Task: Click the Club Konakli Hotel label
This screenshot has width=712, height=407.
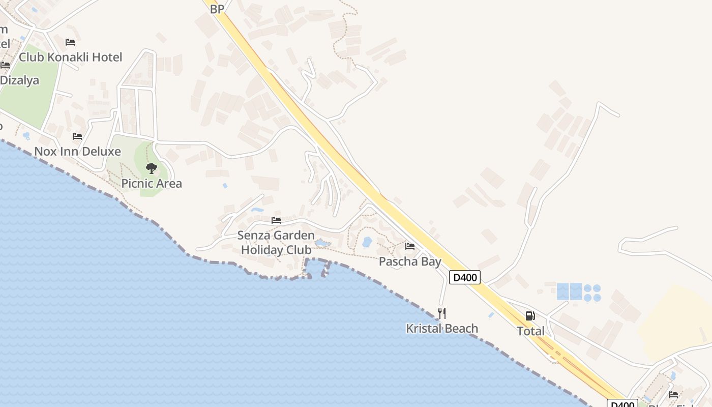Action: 71,57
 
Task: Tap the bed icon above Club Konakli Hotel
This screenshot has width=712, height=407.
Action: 70,42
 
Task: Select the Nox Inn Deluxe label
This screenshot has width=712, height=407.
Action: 77,151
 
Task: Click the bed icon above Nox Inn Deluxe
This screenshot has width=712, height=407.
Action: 77,136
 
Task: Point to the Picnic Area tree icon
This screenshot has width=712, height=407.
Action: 151,168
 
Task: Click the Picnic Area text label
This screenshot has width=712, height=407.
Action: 152,183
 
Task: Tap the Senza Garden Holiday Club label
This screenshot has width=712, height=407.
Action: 276,243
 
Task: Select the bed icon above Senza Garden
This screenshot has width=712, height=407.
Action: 276,220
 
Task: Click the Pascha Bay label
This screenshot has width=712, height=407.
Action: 410,261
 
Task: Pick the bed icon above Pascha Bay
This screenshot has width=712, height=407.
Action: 410,246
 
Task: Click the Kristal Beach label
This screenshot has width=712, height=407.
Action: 442,329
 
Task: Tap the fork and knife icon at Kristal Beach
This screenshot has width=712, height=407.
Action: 442,313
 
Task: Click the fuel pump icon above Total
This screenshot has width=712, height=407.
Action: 530,315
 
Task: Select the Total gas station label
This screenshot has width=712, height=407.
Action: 530,331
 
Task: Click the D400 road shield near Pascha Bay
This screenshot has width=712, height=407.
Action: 465,277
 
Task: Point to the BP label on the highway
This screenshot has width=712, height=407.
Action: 217,9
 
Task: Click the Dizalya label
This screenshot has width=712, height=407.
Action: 19,80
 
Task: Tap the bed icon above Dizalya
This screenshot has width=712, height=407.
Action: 5,65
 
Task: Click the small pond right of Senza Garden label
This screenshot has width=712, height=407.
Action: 322,244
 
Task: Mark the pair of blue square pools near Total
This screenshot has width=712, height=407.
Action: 569,292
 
